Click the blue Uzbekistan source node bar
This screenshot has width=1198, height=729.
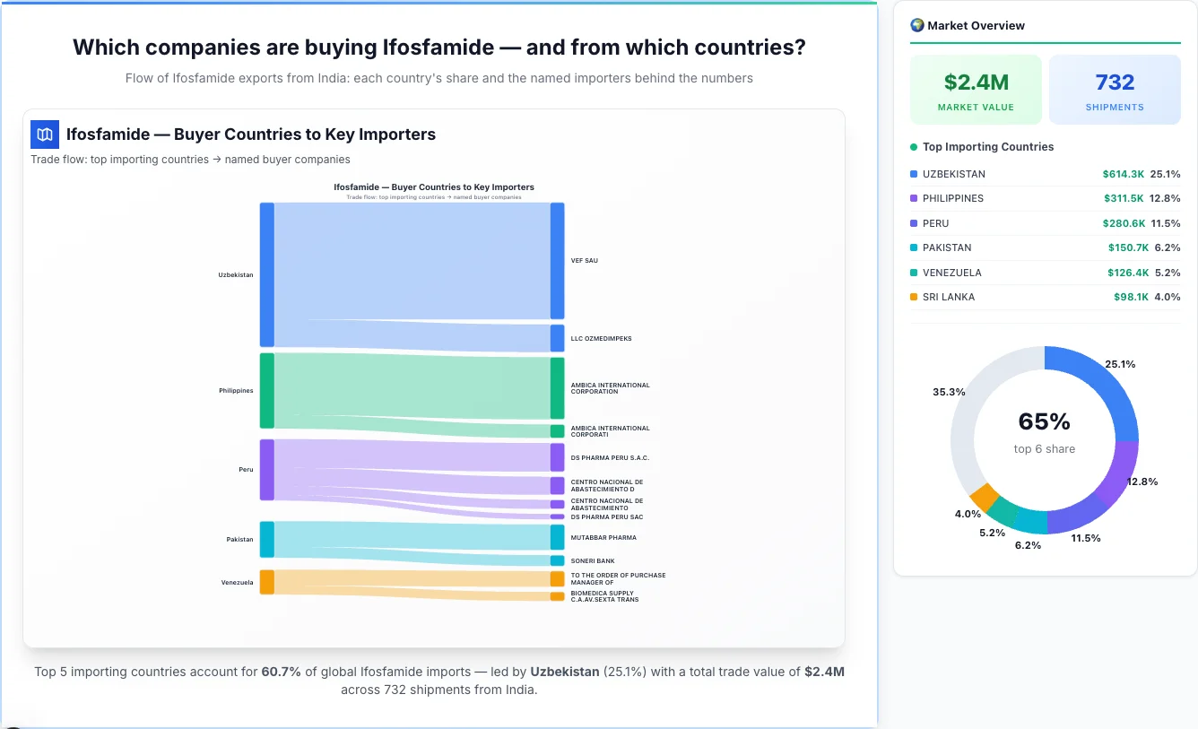(266, 274)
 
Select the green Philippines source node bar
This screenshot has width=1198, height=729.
(266, 390)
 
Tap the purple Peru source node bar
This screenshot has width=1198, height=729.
(266, 469)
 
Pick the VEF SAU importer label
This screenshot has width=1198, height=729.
(585, 261)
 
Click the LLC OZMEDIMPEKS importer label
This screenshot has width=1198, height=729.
(601, 339)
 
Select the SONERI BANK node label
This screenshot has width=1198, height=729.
(593, 561)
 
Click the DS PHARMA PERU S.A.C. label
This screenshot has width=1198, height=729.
(610, 458)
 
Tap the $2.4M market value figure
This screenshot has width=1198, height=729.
(976, 82)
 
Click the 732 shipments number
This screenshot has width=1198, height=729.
(1115, 82)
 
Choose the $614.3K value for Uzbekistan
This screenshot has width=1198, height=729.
(1123, 174)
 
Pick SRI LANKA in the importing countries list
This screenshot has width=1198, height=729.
(948, 297)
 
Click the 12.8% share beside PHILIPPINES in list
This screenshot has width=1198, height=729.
(1166, 198)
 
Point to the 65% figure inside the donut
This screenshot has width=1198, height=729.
(1045, 421)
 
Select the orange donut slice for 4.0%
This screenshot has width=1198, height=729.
(984, 497)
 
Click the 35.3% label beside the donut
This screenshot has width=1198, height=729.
(949, 392)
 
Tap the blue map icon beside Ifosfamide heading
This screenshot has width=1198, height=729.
(45, 135)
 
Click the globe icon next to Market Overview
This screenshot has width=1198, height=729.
(916, 25)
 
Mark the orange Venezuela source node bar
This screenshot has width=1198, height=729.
(266, 582)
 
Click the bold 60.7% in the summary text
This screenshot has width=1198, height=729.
(282, 672)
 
